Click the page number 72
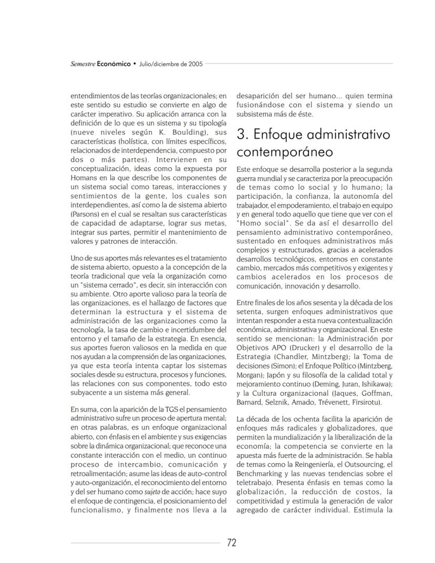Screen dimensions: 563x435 [x=232, y=543]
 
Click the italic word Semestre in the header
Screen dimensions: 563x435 [x=82, y=64]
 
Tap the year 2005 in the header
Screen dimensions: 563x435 [x=192, y=64]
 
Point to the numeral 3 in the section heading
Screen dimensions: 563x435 [x=242, y=135]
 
